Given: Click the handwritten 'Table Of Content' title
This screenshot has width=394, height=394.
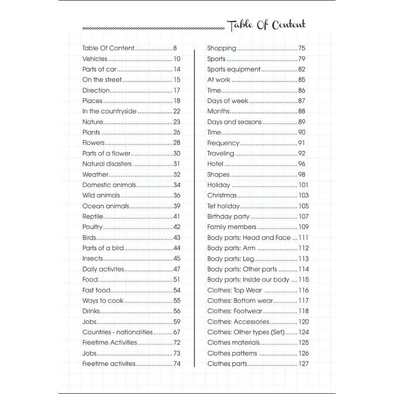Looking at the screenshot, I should point(266,25).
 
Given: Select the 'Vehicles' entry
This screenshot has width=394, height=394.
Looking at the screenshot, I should point(95,59).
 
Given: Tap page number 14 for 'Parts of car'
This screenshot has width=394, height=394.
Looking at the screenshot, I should point(177,69).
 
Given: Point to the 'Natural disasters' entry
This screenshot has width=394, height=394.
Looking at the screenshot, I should point(107,164).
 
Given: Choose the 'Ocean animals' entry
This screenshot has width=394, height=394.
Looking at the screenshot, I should point(105,206).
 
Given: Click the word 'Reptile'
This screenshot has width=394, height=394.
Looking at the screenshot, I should point(92,216).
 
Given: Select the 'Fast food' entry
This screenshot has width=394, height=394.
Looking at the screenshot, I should point(96,290).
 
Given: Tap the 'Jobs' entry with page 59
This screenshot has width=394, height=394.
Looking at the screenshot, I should point(89,322).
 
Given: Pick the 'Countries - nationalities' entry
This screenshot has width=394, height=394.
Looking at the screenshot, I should point(117,332).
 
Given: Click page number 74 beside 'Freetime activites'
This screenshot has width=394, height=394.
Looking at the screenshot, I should point(177,364).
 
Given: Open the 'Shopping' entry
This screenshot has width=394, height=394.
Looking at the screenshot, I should point(222,48).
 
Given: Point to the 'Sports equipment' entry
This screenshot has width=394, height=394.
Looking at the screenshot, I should point(234,69).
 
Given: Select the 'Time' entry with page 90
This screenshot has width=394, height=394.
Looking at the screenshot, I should point(214,132).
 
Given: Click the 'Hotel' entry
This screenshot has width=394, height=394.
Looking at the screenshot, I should point(215,164).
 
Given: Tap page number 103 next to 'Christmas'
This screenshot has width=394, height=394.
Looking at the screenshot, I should point(303,195).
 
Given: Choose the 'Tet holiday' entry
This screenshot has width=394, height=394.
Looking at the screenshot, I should point(223,206).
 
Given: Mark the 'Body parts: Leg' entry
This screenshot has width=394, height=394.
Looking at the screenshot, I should point(231,258).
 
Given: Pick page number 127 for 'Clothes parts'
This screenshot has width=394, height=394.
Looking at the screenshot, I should point(303,364).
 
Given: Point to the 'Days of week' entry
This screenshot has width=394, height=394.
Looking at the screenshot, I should point(228,101).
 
